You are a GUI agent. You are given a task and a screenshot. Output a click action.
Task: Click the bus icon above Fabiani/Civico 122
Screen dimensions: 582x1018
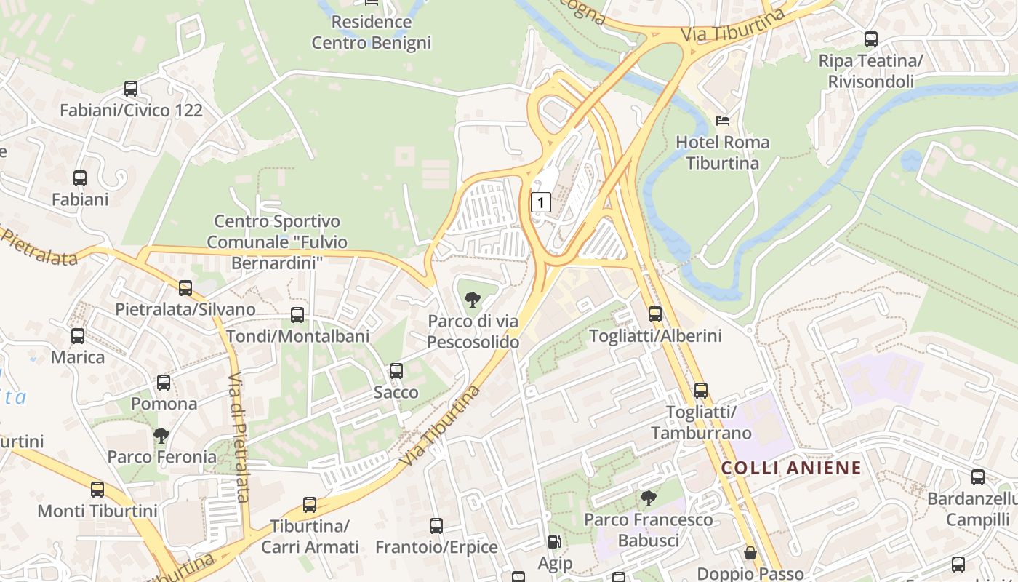pyautogui.click(x=131, y=89)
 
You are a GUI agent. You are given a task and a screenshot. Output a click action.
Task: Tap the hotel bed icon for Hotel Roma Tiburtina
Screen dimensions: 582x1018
pyautogui.click(x=723, y=120)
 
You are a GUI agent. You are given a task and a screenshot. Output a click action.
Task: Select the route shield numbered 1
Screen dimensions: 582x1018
pyautogui.click(x=540, y=202)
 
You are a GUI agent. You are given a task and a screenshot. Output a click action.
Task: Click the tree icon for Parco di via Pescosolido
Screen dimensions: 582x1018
pyautogui.click(x=473, y=299)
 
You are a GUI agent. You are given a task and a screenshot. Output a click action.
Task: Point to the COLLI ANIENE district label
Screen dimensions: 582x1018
pyautogui.click(x=791, y=468)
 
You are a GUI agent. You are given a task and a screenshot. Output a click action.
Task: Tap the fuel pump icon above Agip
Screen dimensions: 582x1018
pyautogui.click(x=555, y=542)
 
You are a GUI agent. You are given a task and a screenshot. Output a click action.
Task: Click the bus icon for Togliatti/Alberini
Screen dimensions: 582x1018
pyautogui.click(x=655, y=314)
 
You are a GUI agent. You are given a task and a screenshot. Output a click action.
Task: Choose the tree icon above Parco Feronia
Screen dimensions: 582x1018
pyautogui.click(x=161, y=436)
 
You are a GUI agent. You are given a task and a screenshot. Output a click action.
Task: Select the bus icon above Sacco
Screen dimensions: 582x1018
pyautogui.click(x=396, y=371)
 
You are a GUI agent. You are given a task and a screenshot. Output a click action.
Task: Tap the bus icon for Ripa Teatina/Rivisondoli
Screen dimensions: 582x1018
pyautogui.click(x=870, y=39)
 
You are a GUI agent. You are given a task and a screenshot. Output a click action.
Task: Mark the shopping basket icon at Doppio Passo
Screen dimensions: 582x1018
pyautogui.click(x=750, y=554)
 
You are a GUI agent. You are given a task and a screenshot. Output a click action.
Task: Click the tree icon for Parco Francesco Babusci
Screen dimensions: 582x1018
pyautogui.click(x=648, y=498)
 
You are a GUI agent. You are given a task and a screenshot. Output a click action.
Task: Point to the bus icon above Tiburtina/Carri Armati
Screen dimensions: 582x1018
pyautogui.click(x=310, y=505)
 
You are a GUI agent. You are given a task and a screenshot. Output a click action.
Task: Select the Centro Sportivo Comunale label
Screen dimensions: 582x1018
pyautogui.click(x=277, y=242)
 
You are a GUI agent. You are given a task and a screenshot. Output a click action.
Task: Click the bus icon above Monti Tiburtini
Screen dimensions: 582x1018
pyautogui.click(x=97, y=490)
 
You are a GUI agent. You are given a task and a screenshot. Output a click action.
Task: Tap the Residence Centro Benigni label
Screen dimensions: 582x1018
pyautogui.click(x=372, y=32)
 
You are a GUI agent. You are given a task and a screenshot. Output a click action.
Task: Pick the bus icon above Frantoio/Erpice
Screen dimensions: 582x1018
pyautogui.click(x=436, y=525)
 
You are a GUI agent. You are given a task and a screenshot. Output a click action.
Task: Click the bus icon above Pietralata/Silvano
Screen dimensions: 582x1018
pyautogui.click(x=185, y=287)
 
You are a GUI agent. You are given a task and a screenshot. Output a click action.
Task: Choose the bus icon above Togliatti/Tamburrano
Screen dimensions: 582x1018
pyautogui.click(x=700, y=391)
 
